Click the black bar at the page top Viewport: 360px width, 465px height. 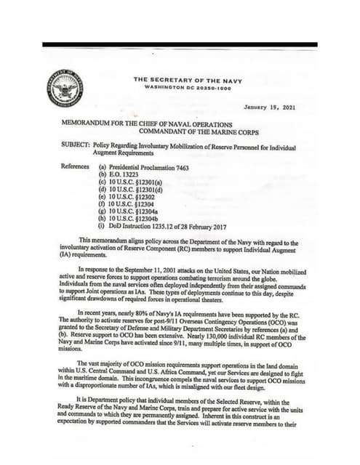click(180, 44)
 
